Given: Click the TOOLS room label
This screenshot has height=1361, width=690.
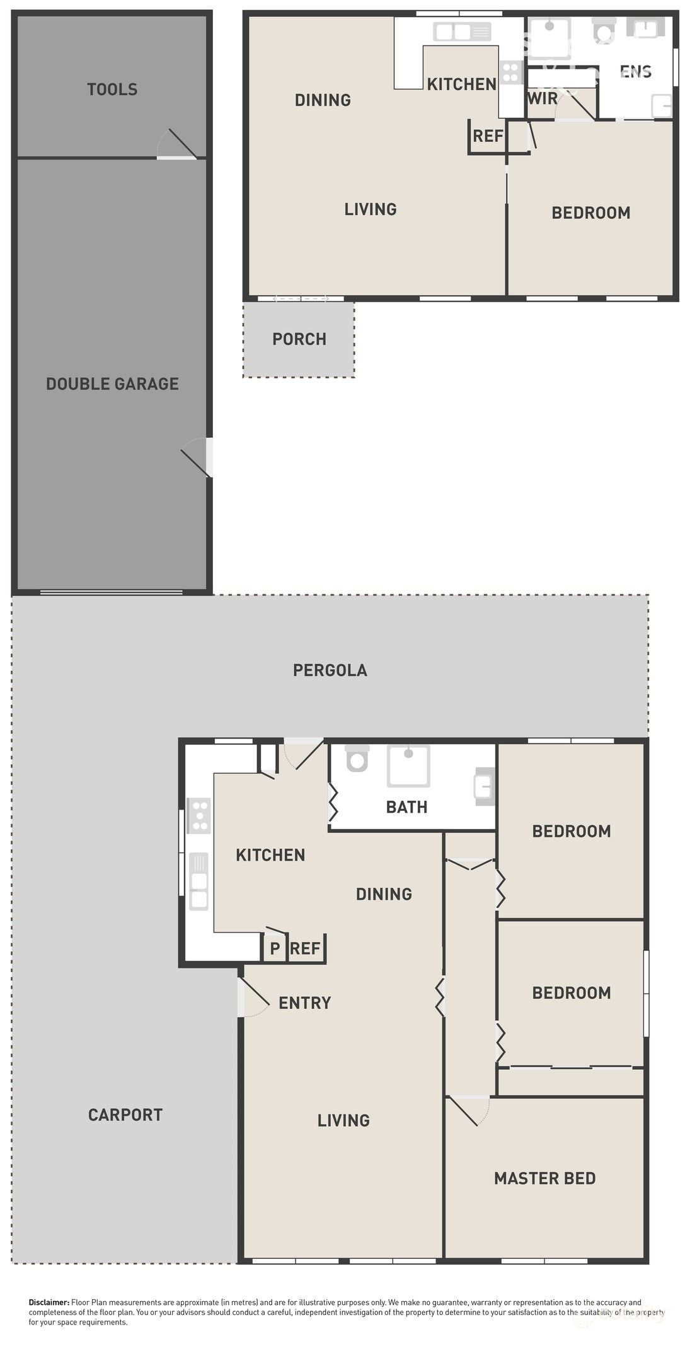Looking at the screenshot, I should [x=112, y=89].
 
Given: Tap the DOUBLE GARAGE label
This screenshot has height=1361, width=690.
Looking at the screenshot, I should [x=112, y=384].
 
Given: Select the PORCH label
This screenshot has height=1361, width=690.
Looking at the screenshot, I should [x=299, y=339].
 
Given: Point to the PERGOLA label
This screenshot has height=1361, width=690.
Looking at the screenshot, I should [x=330, y=670].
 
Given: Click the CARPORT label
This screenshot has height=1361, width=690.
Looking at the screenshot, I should [x=125, y=1115].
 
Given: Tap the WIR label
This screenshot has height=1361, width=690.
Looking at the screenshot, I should [x=543, y=98].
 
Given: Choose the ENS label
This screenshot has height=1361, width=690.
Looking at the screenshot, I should [x=635, y=71].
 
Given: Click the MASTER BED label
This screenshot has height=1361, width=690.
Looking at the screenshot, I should [x=544, y=1178].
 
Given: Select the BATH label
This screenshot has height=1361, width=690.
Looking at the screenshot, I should [x=406, y=807].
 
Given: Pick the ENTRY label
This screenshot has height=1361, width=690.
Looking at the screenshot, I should [x=304, y=1002].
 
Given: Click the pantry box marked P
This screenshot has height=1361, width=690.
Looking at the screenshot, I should [x=275, y=948].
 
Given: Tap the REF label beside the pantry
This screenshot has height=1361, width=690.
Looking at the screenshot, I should [x=306, y=948].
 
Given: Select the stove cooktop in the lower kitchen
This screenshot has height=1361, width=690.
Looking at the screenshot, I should [x=200, y=815].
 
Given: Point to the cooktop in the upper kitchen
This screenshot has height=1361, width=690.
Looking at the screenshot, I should [x=512, y=72].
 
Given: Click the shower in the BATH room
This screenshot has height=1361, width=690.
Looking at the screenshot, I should [x=408, y=765].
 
